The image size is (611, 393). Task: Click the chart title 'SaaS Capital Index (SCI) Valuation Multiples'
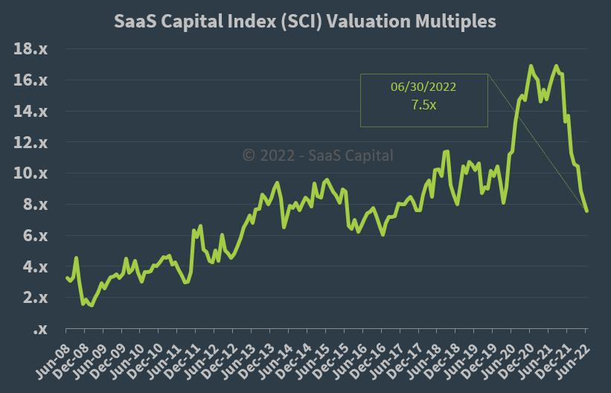pos(305,22)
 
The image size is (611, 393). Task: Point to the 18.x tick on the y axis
pos(31,49)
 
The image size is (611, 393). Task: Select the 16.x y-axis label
pos(31,80)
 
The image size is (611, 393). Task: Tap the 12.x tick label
pos(31,142)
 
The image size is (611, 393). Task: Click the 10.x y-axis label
pos(31,173)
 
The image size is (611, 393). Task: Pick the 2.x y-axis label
pos(34,298)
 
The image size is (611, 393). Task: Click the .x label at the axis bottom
pos(40,329)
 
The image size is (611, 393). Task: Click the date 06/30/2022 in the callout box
pos(423,87)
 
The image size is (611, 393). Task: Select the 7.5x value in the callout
pos(423,105)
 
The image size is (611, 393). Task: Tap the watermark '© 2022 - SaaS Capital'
pos(319,156)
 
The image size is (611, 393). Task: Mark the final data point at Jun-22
pos(586,211)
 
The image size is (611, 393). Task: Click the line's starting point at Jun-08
pos(66,277)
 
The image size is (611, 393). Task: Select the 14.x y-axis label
pos(31,112)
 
